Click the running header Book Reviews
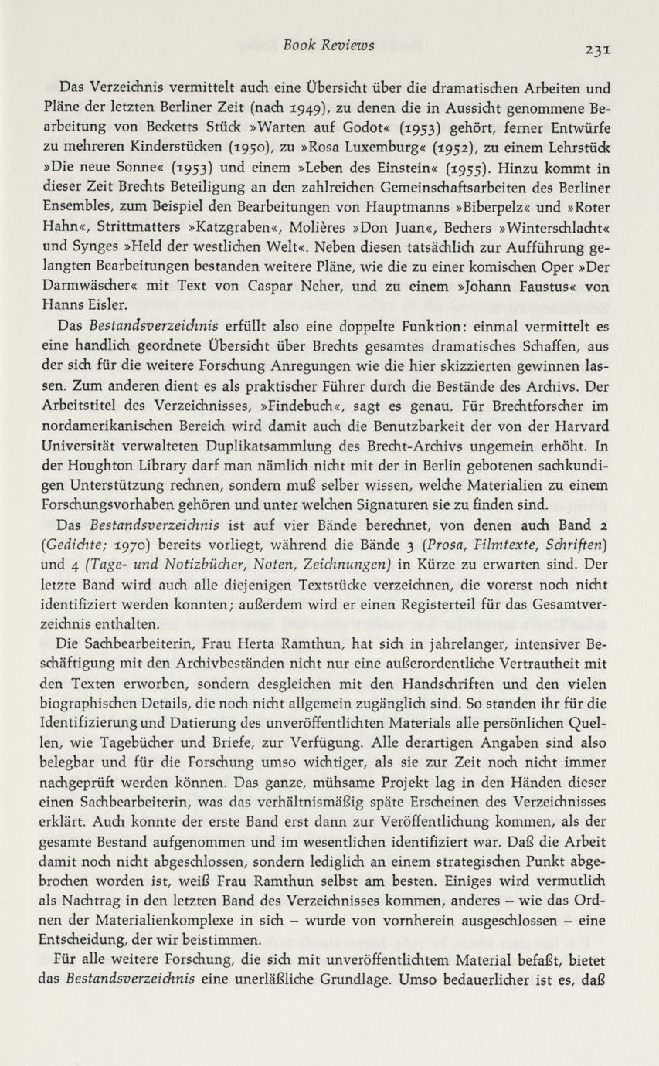328,45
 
